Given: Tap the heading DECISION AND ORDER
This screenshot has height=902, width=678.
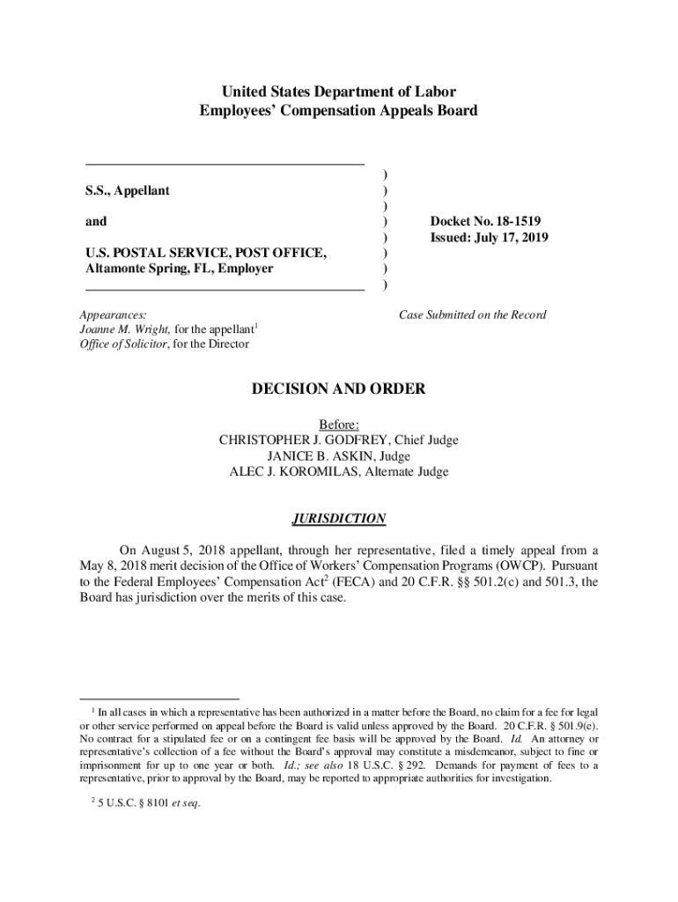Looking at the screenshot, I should click(x=338, y=389).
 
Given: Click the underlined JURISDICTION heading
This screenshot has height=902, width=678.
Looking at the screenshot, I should click(x=339, y=519).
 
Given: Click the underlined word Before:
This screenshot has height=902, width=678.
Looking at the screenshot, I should click(x=339, y=425).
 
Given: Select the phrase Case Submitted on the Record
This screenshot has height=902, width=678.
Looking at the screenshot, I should click(x=473, y=314).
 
